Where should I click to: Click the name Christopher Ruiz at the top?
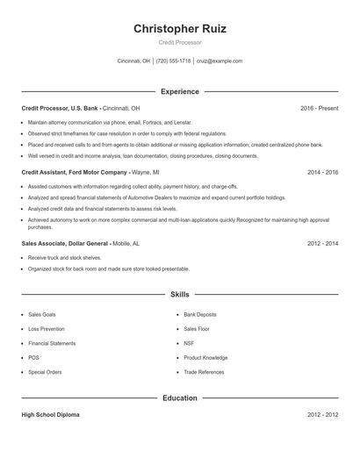coord(179,29)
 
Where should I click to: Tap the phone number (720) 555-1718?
coord(175,61)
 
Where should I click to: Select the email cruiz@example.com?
coord(220,61)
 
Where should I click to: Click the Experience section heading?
coord(179,91)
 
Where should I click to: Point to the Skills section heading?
coord(179,296)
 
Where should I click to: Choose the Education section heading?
coord(179,398)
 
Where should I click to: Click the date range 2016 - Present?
coord(319,108)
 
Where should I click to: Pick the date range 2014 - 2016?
coord(322,173)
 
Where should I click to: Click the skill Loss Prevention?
coord(46,329)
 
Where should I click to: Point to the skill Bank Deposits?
coord(200,314)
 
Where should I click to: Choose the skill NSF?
coord(189,344)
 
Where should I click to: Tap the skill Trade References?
coord(204,373)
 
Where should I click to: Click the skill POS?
coord(33,358)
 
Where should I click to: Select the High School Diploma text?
coord(50,415)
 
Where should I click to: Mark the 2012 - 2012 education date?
coord(322,415)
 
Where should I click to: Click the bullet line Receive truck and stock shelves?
coord(65,258)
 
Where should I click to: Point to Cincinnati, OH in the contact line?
coord(133,61)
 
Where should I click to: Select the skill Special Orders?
coord(45,373)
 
